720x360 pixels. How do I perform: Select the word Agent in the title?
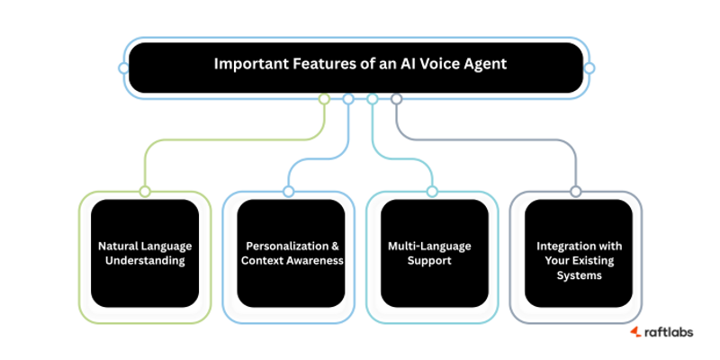click(x=483, y=65)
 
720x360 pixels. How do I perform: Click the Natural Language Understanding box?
click(x=145, y=254)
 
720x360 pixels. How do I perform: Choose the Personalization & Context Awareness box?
click(x=290, y=254)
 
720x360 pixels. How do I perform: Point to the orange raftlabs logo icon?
click(x=634, y=332)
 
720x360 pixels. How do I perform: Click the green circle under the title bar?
click(x=325, y=99)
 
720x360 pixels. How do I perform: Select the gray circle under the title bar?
click(x=396, y=99)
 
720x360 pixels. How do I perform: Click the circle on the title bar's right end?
click(x=589, y=67)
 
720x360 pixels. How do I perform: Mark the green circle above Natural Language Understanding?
click(x=145, y=191)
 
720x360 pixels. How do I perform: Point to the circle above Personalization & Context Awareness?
click(x=288, y=191)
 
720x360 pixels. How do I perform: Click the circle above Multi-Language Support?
click(x=432, y=191)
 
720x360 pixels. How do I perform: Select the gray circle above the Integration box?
click(x=576, y=191)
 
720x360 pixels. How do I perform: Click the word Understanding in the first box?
click(x=145, y=261)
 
